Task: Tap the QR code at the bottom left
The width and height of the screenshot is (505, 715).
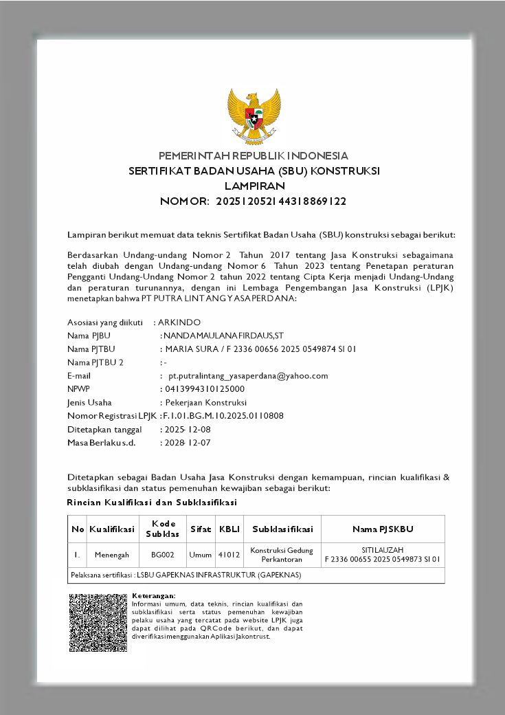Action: point(98,623)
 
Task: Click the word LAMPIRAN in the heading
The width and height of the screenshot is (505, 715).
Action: point(254,186)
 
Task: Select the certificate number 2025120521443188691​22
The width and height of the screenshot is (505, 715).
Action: point(281,201)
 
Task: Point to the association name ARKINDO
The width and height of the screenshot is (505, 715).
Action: point(179,322)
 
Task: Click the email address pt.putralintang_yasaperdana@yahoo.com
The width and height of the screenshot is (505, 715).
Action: point(248,375)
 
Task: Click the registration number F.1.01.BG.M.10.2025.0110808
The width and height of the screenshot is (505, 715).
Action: point(223,415)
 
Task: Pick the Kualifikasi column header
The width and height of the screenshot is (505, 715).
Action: point(112,529)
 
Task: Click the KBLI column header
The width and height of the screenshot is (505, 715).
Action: point(229,529)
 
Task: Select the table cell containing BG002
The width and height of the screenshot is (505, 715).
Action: point(163,554)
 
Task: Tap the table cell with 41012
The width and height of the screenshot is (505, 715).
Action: point(229,554)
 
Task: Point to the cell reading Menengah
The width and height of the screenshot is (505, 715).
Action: point(112,554)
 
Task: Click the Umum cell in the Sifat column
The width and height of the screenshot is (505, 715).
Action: point(201,554)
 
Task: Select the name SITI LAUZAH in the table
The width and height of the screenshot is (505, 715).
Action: point(382,550)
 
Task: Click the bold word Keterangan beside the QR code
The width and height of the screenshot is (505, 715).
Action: point(153,595)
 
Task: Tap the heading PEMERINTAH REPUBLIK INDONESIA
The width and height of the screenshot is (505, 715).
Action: point(254,155)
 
